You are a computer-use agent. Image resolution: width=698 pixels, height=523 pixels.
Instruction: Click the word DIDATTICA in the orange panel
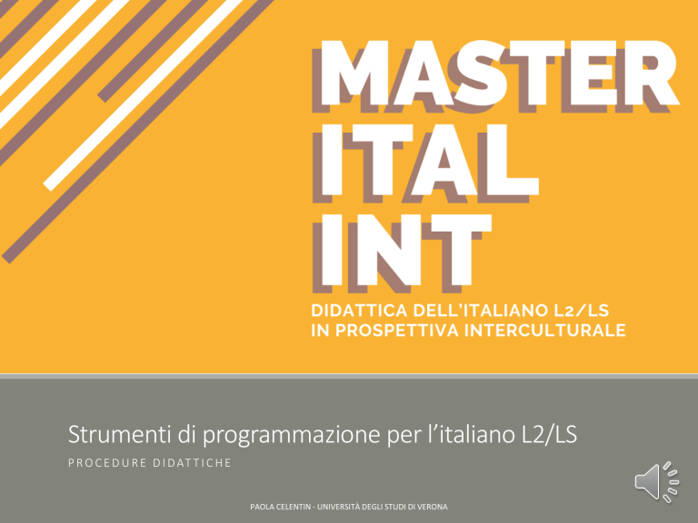point(359,311)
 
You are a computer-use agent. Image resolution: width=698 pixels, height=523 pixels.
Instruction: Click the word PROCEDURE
point(107,463)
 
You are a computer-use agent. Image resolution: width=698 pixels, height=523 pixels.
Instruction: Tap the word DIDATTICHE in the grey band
point(193,463)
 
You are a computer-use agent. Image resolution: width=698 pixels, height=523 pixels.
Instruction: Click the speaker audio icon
point(656,482)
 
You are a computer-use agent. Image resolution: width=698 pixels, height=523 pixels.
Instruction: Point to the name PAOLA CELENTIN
point(281,507)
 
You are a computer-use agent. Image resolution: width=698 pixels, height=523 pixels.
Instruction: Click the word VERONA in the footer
point(432,507)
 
